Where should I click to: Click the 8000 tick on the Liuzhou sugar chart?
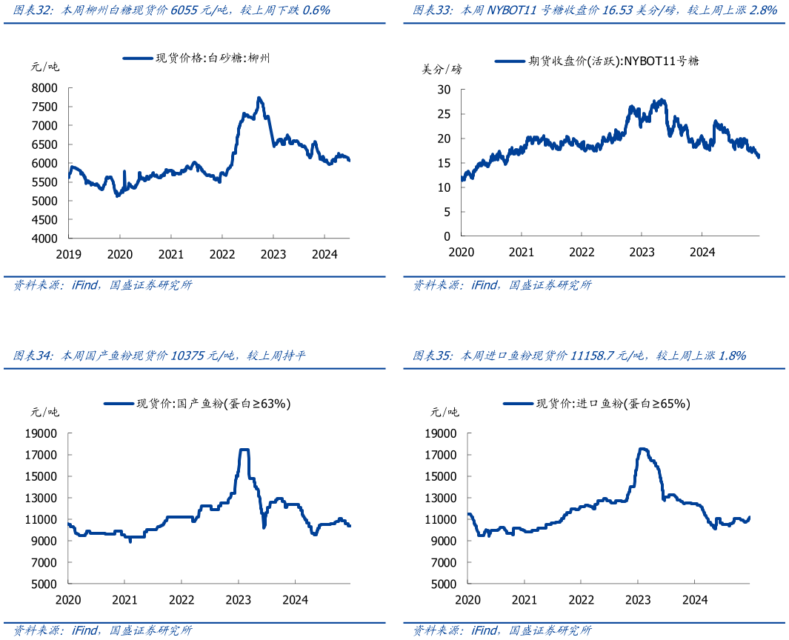(x=45, y=87)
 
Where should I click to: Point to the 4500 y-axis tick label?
(x=45, y=220)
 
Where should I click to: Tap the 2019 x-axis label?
(x=68, y=254)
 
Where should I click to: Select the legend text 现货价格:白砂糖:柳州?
(x=213, y=58)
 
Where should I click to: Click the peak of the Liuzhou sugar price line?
(x=259, y=98)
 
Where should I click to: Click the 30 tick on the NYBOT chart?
(x=444, y=90)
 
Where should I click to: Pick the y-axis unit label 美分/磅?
(x=442, y=69)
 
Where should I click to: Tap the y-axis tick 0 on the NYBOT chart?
(x=447, y=236)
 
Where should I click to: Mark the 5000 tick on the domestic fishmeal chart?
(x=45, y=584)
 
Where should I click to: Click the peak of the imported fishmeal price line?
(x=642, y=448)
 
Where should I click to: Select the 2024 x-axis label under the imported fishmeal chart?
(x=695, y=599)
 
